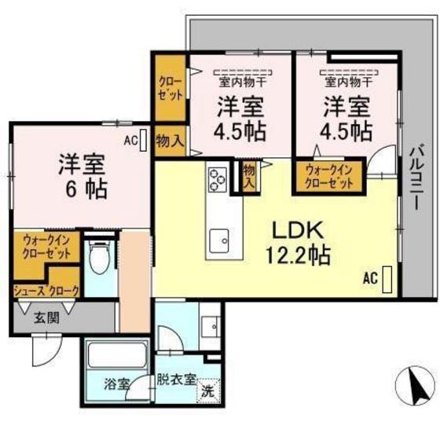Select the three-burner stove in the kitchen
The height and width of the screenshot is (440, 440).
coord(218,180)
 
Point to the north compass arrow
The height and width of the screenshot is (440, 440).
coord(416,387)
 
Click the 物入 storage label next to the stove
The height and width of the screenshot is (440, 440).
coord(250,176)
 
